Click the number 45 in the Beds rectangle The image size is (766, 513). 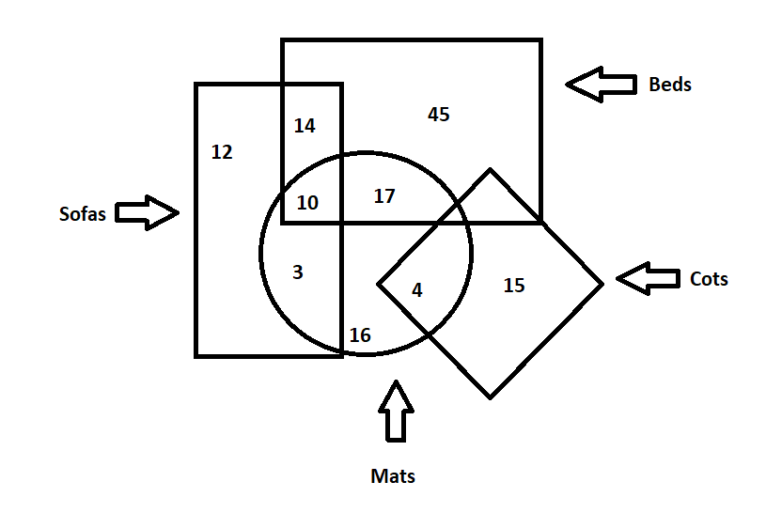tap(439, 115)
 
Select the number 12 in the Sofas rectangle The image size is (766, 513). tap(222, 151)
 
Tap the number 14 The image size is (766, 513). tap(305, 125)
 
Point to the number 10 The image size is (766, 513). tap(307, 202)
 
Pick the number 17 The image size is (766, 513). tap(384, 196)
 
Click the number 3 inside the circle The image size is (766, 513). tap(298, 272)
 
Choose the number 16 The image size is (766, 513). tap(360, 335)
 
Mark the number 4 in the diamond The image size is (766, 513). tap(417, 290)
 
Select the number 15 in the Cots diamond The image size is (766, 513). tap(514, 286)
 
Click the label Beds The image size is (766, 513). tap(670, 85)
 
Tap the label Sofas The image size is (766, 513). tap(83, 214)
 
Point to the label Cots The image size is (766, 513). tap(709, 279)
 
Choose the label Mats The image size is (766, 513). tap(393, 476)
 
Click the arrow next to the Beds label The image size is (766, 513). tap(601, 85)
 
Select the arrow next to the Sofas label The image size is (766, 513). tap(147, 213)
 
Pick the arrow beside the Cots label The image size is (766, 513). tap(648, 278)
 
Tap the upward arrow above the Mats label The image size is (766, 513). tap(397, 411)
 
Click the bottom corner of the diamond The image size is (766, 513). tap(490, 396)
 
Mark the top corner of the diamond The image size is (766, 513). tap(490, 170)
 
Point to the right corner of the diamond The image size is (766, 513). tap(602, 283)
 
